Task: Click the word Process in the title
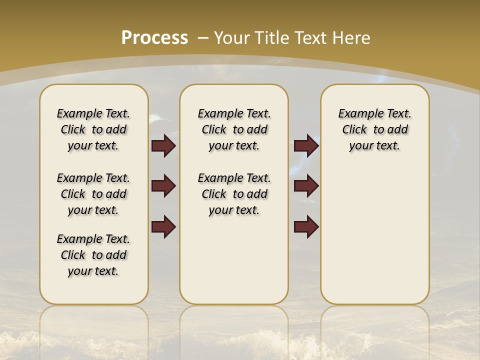pos(154,37)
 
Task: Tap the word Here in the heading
pos(352,38)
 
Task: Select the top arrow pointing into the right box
pos(306,145)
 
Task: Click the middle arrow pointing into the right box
pos(306,186)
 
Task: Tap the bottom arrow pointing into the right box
pos(306,226)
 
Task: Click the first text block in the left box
pos(93,129)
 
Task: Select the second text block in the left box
pos(93,194)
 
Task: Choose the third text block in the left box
pos(93,255)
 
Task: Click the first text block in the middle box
pos(234,129)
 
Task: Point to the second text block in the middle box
pos(234,194)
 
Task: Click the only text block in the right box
pos(375,129)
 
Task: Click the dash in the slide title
pos(203,38)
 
